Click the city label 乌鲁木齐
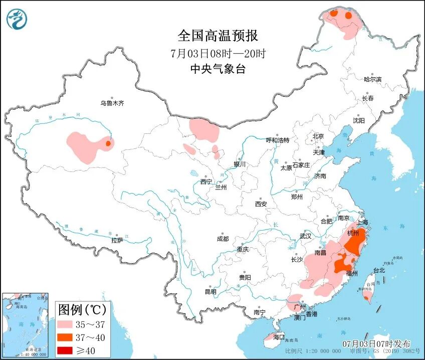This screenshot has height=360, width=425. [111, 103]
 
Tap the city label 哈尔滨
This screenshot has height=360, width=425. [372, 79]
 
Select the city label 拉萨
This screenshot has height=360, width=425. [117, 241]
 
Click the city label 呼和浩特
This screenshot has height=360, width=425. [277, 140]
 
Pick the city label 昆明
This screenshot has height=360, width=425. [210, 292]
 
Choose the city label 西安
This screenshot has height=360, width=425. [261, 204]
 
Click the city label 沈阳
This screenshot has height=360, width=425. [358, 121]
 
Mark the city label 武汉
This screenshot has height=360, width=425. [305, 236]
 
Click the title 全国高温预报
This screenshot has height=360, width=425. [218, 36]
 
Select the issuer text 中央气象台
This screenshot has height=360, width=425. [218, 69]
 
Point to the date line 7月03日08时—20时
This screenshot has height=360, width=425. [218, 53]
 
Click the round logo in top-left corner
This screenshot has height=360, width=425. [17, 19]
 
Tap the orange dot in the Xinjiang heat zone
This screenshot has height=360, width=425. [107, 144]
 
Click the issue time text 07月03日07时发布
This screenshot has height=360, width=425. [377, 344]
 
